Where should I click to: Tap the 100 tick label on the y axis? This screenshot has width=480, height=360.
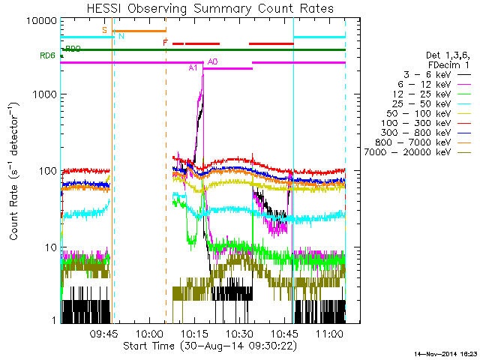tap(48, 171)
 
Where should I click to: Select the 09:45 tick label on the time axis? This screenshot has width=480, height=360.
tap(105, 332)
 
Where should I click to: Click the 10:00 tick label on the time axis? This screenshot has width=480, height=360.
tap(150, 332)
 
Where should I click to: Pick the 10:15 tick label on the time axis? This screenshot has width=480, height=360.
tap(194, 332)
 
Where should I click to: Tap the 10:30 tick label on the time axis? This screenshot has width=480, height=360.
tap(239, 332)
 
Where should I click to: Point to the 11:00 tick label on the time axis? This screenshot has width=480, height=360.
tap(329, 332)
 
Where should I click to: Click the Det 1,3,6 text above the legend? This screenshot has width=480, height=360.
tap(448, 55)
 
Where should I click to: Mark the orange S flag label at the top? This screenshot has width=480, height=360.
tap(105, 30)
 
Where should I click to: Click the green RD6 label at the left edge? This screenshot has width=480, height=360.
tap(47, 55)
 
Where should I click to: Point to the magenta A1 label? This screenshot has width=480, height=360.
tap(193, 68)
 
